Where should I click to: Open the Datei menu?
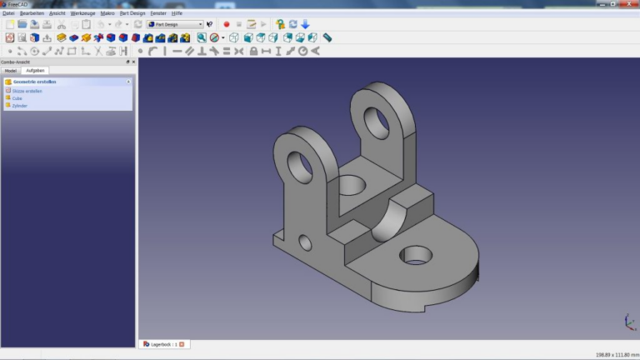8,13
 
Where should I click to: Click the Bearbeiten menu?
32,13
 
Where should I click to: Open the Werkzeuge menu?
82,13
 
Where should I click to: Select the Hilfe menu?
177,13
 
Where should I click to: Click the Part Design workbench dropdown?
174,25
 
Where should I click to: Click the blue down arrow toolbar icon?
305,25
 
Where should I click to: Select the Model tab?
11,71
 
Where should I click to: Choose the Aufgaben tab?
35,71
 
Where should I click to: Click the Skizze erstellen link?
27,91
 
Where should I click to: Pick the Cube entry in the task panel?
17,98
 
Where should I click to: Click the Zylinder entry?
20,106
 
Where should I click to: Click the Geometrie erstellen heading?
33,82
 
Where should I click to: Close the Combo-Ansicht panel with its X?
132,62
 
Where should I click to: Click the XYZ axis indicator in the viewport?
627,322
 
